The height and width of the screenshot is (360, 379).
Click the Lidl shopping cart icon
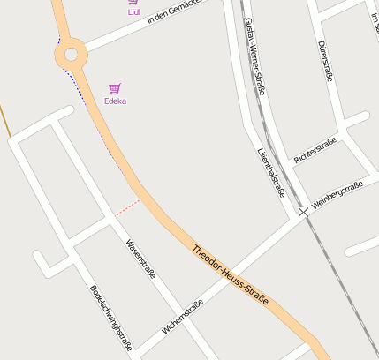pyautogui.click(x=133, y=2)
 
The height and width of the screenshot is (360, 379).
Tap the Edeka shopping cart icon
pyautogui.click(x=115, y=88)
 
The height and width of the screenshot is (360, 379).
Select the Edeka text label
pyautogui.click(x=115, y=101)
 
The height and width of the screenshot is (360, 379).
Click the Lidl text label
pyautogui.click(x=133, y=12)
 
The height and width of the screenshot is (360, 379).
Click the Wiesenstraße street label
pyautogui.click(x=140, y=260)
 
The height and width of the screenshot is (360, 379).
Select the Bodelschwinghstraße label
pyautogui.click(x=110, y=318)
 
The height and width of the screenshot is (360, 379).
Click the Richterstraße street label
pyautogui.click(x=315, y=150)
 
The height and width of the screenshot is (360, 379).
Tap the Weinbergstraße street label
pyautogui.click(x=337, y=195)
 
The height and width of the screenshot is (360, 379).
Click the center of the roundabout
pyautogui.click(x=71, y=55)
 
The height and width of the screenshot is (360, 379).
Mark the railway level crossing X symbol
pyautogui.click(x=304, y=213)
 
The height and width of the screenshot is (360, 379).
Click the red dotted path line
pyautogui.click(x=127, y=207)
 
